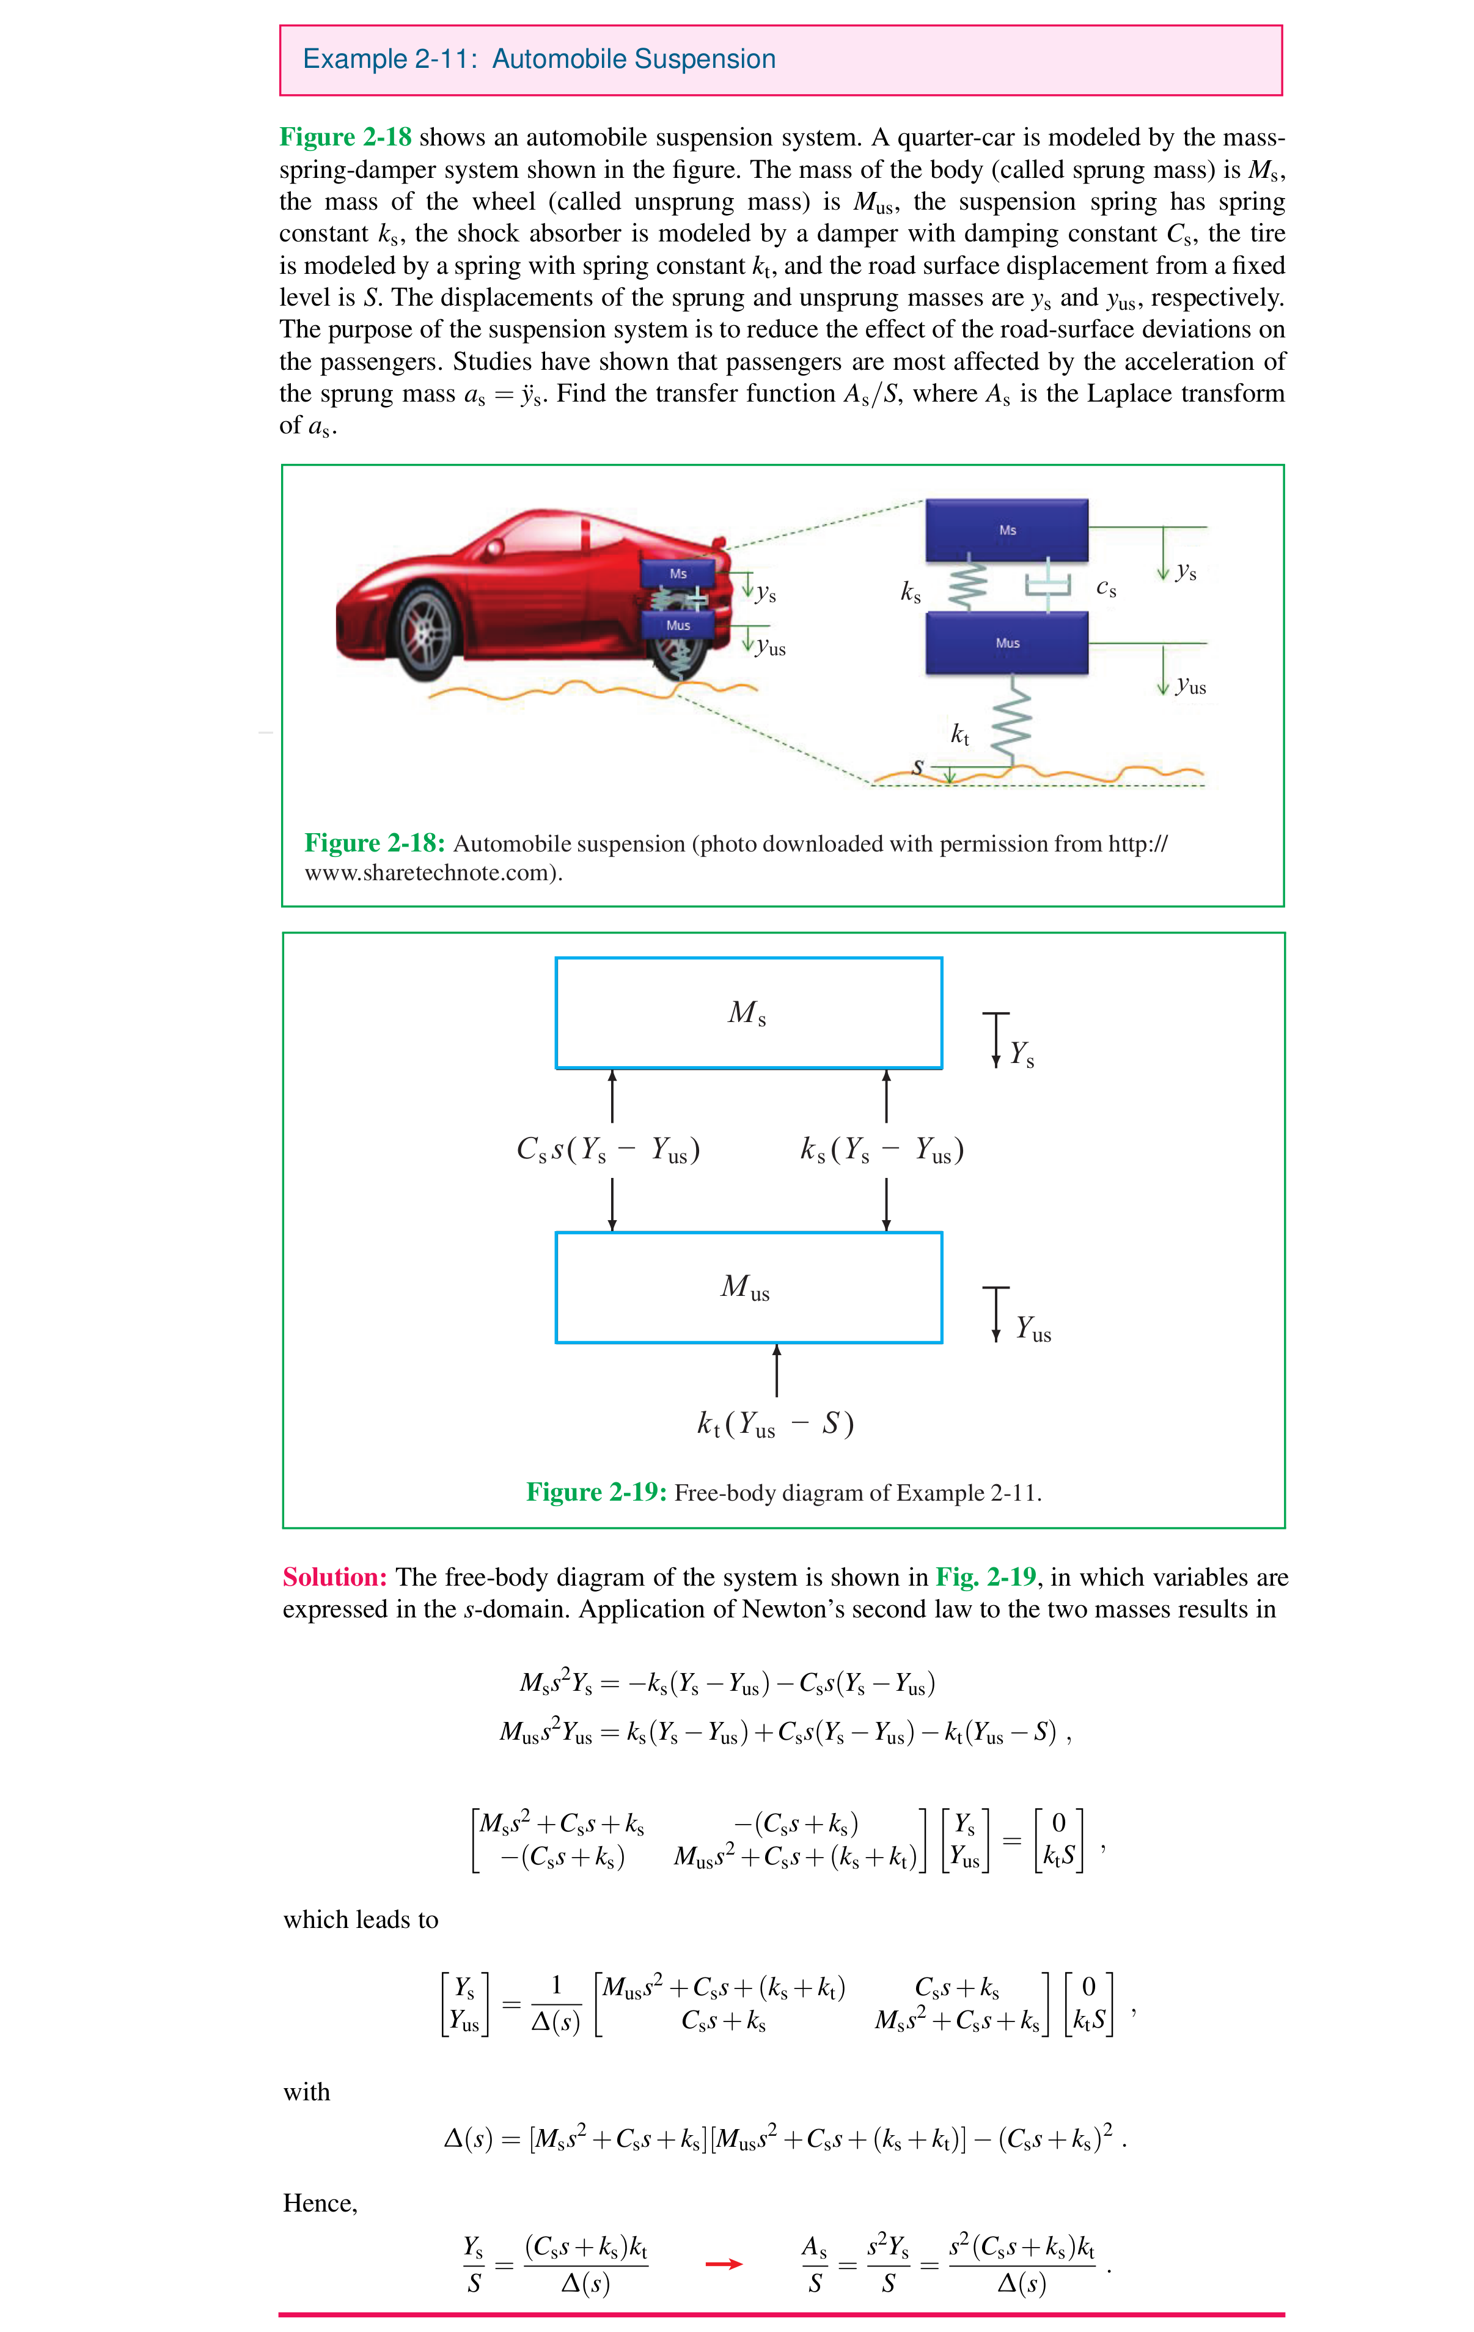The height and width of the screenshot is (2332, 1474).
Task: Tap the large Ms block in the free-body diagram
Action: pyautogui.click(x=747, y=1013)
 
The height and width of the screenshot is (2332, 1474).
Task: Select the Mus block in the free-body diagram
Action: pyautogui.click(x=747, y=1287)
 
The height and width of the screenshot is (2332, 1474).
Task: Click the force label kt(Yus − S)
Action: pyautogui.click(x=775, y=1424)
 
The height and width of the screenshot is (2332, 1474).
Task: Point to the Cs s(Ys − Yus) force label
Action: pyautogui.click(x=608, y=1150)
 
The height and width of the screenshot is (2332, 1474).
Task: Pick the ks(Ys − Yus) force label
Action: pyautogui.click(x=881, y=1150)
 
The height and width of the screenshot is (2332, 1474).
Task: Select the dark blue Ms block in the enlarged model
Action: pyautogui.click(x=1007, y=530)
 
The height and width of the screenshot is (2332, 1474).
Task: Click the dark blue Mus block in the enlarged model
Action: pyautogui.click(x=1007, y=643)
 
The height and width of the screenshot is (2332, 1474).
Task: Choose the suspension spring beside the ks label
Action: pyautogui.click(x=967, y=585)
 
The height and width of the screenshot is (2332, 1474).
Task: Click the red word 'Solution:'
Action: pyautogui.click(x=334, y=1578)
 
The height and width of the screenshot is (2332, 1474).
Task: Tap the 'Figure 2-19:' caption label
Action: pyautogui.click(x=596, y=1492)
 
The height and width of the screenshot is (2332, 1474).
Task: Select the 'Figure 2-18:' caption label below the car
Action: pyautogui.click(x=374, y=844)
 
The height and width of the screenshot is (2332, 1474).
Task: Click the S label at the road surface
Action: pyautogui.click(x=917, y=767)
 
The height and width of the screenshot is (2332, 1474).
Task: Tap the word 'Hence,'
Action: pyautogui.click(x=320, y=2203)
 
